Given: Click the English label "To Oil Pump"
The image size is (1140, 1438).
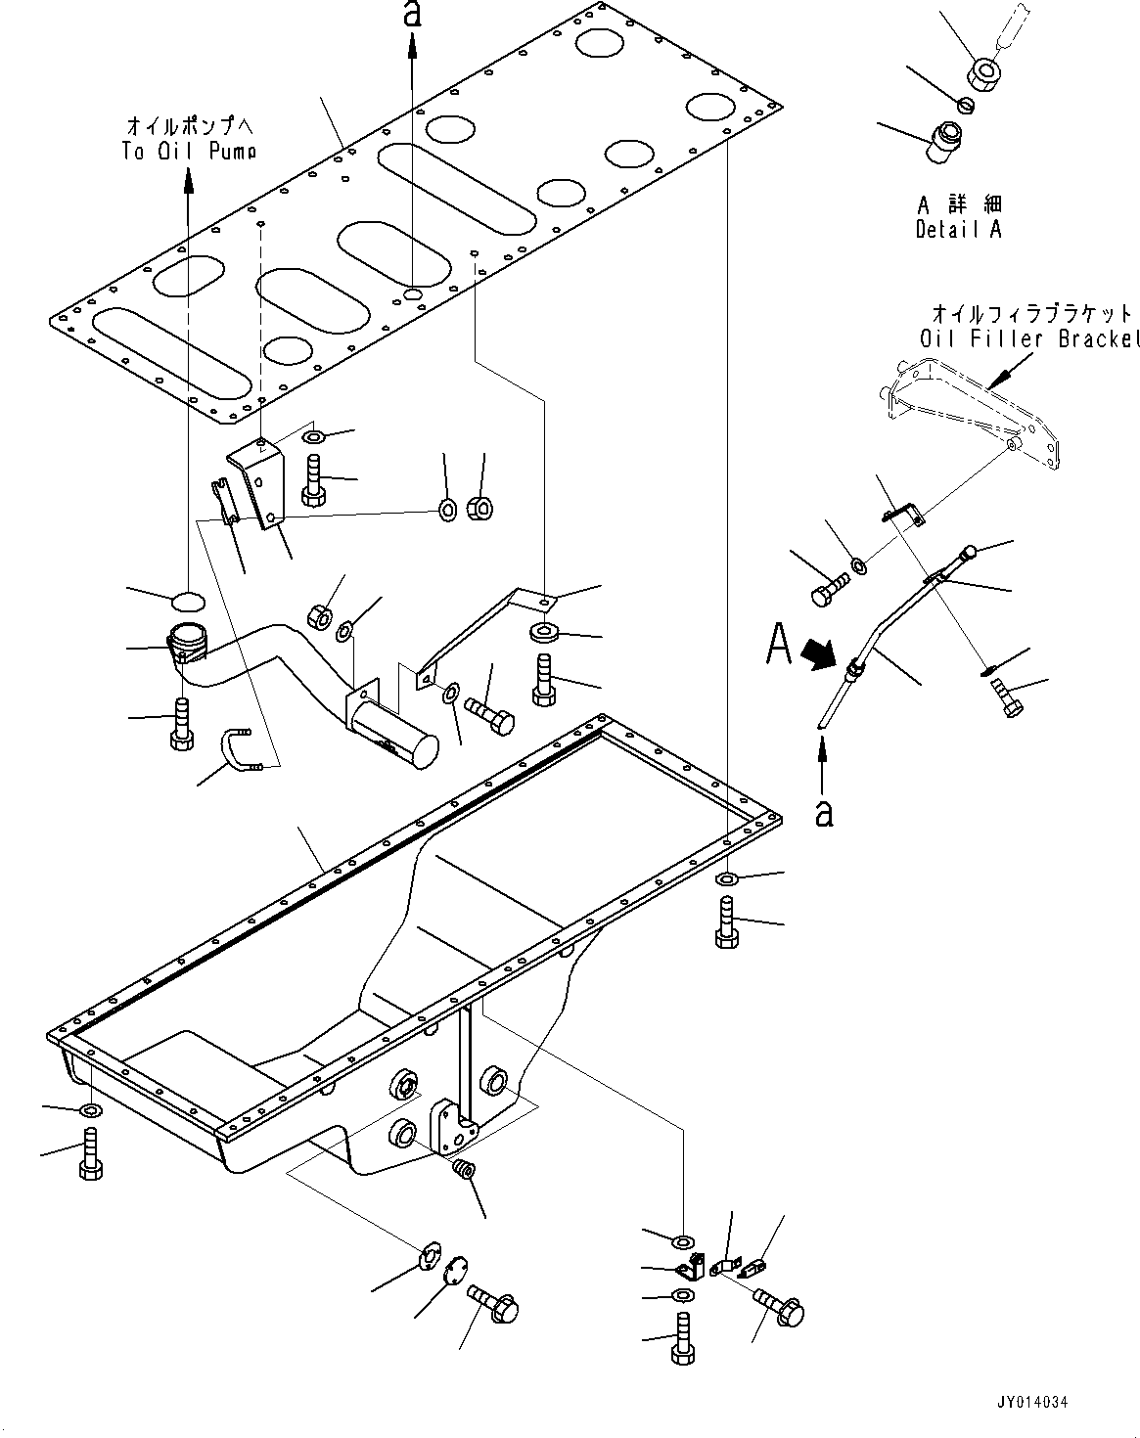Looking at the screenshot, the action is click(x=189, y=151).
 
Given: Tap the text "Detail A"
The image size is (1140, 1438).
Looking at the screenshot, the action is click(x=958, y=229).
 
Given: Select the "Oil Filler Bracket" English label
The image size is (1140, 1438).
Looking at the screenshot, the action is click(x=1029, y=338).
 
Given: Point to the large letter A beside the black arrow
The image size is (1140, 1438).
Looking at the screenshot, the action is click(x=779, y=643).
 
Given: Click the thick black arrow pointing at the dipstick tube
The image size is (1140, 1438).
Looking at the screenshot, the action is click(x=821, y=652).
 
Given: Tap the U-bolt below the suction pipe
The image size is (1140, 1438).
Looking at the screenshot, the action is click(x=243, y=749).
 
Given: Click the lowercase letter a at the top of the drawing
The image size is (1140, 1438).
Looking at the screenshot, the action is click(x=413, y=15).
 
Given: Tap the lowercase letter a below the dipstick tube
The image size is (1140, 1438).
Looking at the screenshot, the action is click(x=824, y=813).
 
